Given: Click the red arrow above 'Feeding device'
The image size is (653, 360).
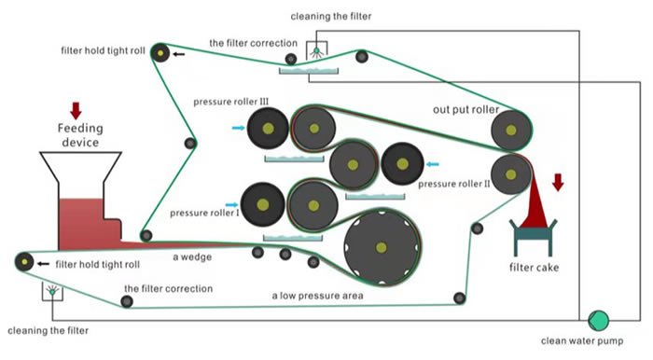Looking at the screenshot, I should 76,109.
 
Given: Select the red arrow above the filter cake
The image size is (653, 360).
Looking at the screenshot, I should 558,182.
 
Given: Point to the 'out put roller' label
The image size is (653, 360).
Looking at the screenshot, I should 465,110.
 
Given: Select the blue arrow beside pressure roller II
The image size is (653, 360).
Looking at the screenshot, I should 433,164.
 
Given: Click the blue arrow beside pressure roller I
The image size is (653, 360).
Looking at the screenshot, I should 231,200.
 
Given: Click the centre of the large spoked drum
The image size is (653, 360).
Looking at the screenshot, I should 382,246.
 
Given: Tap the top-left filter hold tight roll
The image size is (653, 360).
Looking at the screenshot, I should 160,54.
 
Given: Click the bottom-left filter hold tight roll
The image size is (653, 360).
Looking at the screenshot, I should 23,263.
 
